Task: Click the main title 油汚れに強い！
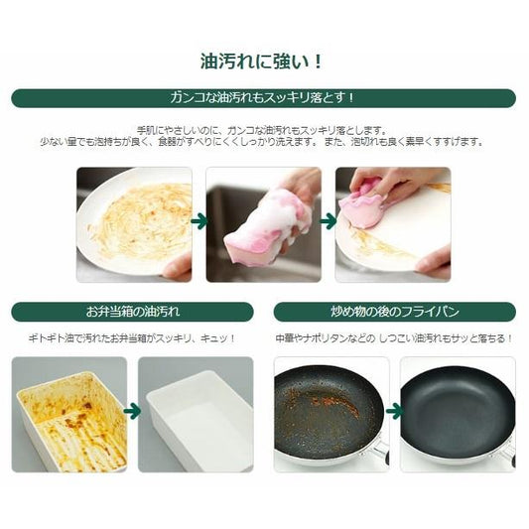(262, 62)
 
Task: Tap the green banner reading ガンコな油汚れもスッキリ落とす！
(263, 98)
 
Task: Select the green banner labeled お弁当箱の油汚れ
(132, 312)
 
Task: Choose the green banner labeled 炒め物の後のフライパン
(395, 312)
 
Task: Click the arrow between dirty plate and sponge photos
(199, 221)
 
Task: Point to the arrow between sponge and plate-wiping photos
(328, 221)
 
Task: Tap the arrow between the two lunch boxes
(132, 411)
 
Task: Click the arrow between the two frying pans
(394, 411)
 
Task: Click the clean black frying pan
(458, 413)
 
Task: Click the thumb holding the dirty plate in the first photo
(177, 267)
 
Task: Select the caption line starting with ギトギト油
(132, 338)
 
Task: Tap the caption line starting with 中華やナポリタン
(394, 338)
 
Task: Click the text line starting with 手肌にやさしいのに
(262, 130)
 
